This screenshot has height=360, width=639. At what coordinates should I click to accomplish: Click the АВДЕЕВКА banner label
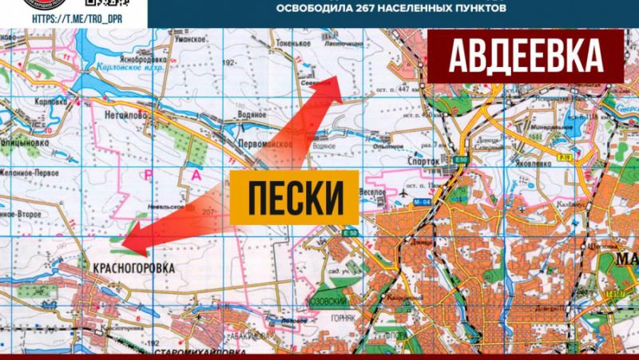tap(526, 55)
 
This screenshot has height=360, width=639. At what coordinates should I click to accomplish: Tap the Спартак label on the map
tap(424, 160)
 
